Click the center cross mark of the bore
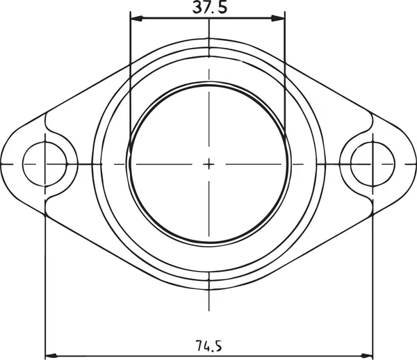pos(208,164)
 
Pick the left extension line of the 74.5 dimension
pos(44,278)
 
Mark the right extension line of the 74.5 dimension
pos(372,278)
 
